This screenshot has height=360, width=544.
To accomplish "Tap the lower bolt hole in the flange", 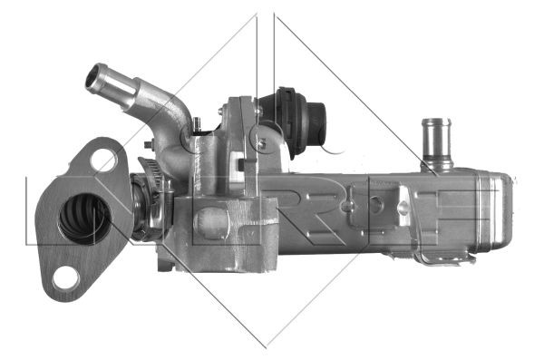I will [65, 277].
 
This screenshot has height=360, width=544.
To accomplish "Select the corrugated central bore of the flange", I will [84, 219].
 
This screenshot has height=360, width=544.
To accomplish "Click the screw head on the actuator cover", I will [261, 142].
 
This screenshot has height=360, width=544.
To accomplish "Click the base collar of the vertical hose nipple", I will [436, 165].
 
